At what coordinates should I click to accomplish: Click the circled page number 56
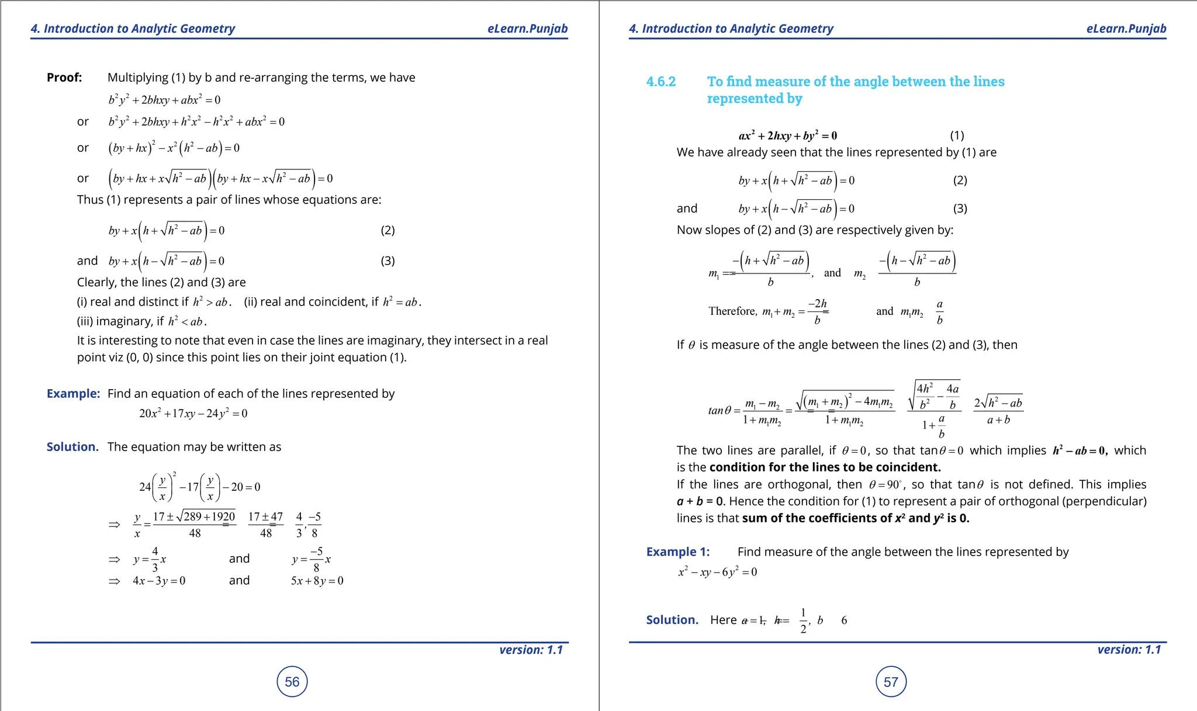pyautogui.click(x=292, y=682)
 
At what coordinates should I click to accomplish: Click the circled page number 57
pyautogui.click(x=891, y=682)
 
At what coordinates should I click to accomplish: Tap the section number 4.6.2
pyautogui.click(x=660, y=82)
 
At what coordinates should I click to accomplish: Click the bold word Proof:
pyautogui.click(x=64, y=78)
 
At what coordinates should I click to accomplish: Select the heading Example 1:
pyautogui.click(x=677, y=552)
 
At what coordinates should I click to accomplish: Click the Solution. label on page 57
pyautogui.click(x=672, y=620)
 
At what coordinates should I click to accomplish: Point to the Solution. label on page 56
pyautogui.click(x=72, y=447)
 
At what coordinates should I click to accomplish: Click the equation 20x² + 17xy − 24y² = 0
pyautogui.click(x=193, y=414)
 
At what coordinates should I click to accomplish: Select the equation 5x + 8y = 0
pyautogui.click(x=317, y=581)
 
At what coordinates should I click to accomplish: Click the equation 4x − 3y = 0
pyautogui.click(x=159, y=581)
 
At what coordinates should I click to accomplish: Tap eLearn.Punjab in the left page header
pyautogui.click(x=527, y=29)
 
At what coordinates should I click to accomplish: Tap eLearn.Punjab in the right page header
pyautogui.click(x=1126, y=29)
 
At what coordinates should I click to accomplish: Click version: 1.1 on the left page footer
pyautogui.click(x=531, y=650)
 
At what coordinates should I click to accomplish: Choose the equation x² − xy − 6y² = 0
pyautogui.click(x=717, y=572)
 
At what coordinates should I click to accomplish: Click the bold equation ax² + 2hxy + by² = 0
pyautogui.click(x=787, y=136)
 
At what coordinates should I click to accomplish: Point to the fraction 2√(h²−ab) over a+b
pyautogui.click(x=998, y=411)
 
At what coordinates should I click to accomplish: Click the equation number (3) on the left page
pyautogui.click(x=388, y=261)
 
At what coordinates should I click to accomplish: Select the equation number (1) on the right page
pyautogui.click(x=957, y=136)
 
